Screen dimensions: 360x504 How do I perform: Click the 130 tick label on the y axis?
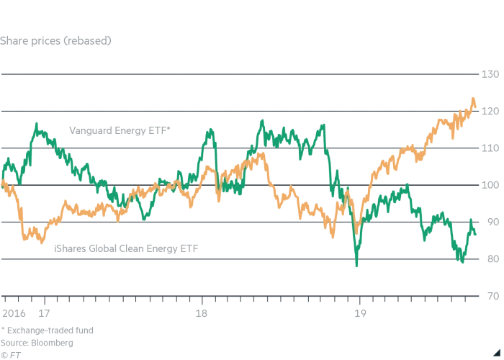tap(490, 74)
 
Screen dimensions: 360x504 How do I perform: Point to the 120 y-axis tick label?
tap(490, 112)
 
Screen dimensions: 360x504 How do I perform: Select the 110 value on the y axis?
tap(490, 148)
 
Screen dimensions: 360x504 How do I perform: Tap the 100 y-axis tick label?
tap(490, 186)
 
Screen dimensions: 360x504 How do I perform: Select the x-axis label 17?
tap(44, 313)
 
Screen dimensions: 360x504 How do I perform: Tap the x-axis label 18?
tap(202, 313)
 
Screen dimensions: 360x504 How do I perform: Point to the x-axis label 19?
tap(359, 313)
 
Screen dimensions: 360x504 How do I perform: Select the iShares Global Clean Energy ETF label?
tap(126, 248)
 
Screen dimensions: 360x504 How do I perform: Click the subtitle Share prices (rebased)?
tap(55, 40)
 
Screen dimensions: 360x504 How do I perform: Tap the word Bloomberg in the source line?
tap(52, 343)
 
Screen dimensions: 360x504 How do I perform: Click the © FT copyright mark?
tap(10, 355)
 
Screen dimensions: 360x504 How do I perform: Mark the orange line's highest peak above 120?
tap(473, 99)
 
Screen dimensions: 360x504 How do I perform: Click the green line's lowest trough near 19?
tap(356, 266)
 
